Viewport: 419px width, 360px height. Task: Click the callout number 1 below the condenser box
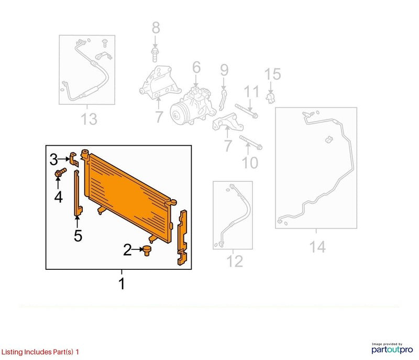pos(122,284)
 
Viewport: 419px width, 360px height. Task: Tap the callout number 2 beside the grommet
pos(127,250)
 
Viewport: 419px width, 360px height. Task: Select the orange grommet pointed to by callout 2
pos(147,250)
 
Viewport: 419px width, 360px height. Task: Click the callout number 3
pos(54,160)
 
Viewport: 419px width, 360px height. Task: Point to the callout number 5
pos(78,236)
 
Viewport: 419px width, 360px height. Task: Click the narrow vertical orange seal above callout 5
pos(78,192)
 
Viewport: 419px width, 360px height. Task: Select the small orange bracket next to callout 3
pos(74,159)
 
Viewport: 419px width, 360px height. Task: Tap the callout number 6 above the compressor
pos(196,67)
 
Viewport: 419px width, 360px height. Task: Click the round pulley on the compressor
pos(177,115)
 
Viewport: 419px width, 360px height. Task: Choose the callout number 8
pos(156,28)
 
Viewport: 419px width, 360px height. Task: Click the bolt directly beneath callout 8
pos(155,54)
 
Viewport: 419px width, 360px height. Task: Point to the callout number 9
pos(225,70)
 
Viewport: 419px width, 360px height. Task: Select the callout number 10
pos(250,162)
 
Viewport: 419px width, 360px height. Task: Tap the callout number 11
pos(251,91)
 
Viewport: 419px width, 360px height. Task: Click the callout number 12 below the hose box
pos(235,261)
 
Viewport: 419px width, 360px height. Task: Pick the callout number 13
pos(89,119)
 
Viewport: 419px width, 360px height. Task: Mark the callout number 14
pos(317,247)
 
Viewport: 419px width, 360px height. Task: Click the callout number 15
pos(272,74)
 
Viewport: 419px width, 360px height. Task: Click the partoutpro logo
pos(392,348)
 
